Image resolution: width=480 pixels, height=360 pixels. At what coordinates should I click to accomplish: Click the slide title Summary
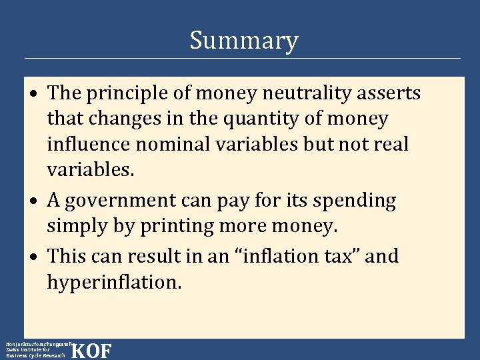point(243,41)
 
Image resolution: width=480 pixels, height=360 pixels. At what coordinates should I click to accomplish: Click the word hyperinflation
point(113,282)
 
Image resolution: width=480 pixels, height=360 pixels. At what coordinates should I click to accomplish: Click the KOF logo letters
point(91,351)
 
